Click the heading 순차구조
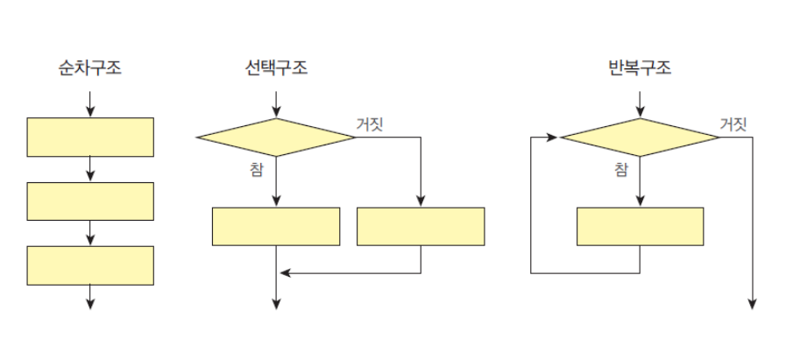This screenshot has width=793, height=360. [90, 67]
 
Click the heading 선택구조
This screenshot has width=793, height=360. [276, 67]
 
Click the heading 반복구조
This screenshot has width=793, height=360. [640, 67]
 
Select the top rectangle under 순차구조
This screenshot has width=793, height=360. [90, 136]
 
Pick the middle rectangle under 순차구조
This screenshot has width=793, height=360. [90, 201]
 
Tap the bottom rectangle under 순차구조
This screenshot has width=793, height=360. [90, 265]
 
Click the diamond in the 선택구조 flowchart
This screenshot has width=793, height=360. [276, 137]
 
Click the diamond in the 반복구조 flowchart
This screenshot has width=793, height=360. [640, 137]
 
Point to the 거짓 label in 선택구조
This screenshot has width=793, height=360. [369, 124]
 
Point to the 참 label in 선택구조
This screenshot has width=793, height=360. [256, 169]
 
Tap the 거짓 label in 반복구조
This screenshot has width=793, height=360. [733, 124]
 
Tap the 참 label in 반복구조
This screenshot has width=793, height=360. [620, 169]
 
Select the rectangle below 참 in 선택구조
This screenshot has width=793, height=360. [276, 226]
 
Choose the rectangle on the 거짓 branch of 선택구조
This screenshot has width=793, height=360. [421, 226]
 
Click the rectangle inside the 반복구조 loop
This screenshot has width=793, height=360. [640, 226]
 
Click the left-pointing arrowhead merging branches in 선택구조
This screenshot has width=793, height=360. [283, 273]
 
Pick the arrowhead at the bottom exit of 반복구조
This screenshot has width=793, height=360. [752, 303]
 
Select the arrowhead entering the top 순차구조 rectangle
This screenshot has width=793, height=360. [90, 112]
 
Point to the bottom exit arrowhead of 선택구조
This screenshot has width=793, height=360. [276, 303]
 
